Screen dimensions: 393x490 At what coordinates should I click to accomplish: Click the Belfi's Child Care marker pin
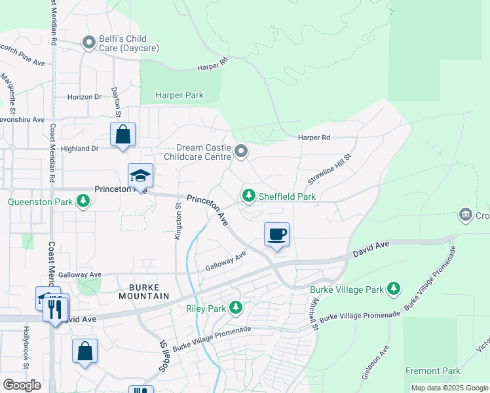click(x=89, y=43)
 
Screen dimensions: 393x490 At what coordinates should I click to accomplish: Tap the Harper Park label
click(x=179, y=95)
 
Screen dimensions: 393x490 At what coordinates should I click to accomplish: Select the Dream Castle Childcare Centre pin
click(x=241, y=152)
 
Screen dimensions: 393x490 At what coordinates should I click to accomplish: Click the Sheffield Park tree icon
click(x=249, y=196)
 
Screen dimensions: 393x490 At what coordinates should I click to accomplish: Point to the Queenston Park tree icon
click(x=83, y=202)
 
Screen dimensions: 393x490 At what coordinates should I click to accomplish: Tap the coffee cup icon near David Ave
click(x=277, y=234)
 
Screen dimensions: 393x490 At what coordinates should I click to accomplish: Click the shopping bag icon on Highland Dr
click(x=122, y=135)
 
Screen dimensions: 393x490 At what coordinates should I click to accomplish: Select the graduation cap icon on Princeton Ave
click(x=140, y=176)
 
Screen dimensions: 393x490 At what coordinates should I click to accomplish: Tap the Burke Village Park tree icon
click(x=393, y=289)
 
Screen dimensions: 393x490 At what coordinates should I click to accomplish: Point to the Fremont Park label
click(x=432, y=371)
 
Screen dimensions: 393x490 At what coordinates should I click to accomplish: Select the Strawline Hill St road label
click(x=331, y=170)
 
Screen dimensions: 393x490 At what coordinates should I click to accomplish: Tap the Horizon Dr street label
click(x=85, y=96)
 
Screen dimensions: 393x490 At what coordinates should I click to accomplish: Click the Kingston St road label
click(x=178, y=221)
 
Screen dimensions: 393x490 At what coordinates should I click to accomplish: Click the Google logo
click(x=22, y=385)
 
